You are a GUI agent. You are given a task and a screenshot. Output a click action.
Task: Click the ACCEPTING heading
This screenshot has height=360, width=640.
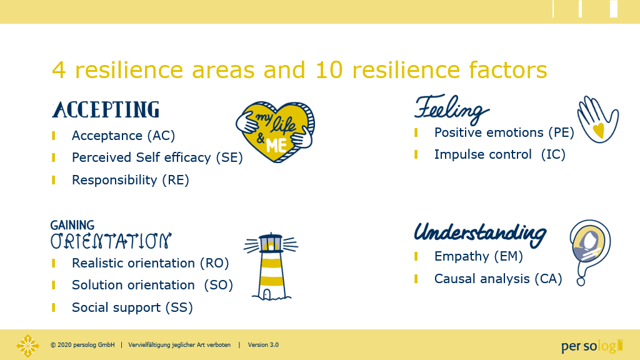(x=106, y=110)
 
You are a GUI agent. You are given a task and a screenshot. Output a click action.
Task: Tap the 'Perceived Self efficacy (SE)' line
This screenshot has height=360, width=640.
(x=157, y=157)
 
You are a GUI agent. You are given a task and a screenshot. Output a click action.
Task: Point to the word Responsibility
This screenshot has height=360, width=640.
(x=114, y=180)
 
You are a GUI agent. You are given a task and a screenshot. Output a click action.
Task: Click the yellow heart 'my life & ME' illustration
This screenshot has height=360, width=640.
(x=276, y=132)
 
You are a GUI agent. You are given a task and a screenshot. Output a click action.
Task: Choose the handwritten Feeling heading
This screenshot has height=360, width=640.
(x=452, y=109)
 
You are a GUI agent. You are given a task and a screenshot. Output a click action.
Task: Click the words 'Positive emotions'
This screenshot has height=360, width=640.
(x=489, y=132)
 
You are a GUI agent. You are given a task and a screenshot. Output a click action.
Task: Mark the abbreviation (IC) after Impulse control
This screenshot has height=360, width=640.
(x=553, y=155)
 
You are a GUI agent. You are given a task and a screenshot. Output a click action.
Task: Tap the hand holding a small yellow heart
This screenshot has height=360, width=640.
(x=597, y=119)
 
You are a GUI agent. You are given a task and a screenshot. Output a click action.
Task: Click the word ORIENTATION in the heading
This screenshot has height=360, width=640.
(x=111, y=241)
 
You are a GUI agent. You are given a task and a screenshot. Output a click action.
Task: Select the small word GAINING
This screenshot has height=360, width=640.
(x=72, y=225)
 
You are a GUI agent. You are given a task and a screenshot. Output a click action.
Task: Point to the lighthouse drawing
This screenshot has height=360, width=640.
(x=271, y=266)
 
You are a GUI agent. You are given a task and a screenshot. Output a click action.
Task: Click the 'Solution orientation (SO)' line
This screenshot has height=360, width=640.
(x=152, y=285)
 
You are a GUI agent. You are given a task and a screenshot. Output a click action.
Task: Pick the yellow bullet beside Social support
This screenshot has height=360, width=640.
(x=54, y=307)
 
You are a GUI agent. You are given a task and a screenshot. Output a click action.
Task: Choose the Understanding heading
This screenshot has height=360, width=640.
(x=480, y=234)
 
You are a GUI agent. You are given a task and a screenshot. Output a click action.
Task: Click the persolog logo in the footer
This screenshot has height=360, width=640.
(x=592, y=346)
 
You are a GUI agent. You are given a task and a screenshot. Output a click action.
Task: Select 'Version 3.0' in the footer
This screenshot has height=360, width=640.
(x=263, y=345)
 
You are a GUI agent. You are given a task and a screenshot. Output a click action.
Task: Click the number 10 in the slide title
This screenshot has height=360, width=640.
(x=329, y=70)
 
